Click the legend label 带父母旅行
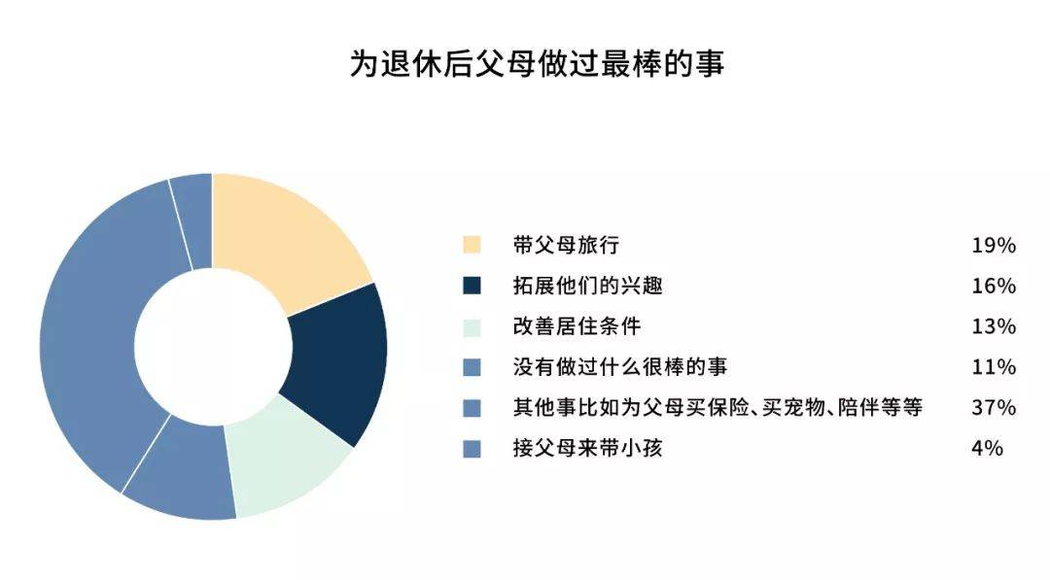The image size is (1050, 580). pos(566,245)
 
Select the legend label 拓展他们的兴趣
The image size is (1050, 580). pos(588,286)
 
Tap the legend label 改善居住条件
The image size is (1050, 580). pos(577,326)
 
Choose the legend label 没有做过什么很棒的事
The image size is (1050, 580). pos(620,366)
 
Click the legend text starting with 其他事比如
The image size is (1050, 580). pos(717,407)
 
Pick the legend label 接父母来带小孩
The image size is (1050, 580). pos(588,448)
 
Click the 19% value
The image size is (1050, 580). pos(994,246)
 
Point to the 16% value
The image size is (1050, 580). pos(994,287)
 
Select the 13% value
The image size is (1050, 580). pos(994,326)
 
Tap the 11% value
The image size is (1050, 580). pos(994,367)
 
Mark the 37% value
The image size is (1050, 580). pos(994,407)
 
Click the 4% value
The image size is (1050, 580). pos(987,448)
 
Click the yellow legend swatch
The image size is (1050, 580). pos(472,245)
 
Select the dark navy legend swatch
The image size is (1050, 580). pos(472,286)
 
